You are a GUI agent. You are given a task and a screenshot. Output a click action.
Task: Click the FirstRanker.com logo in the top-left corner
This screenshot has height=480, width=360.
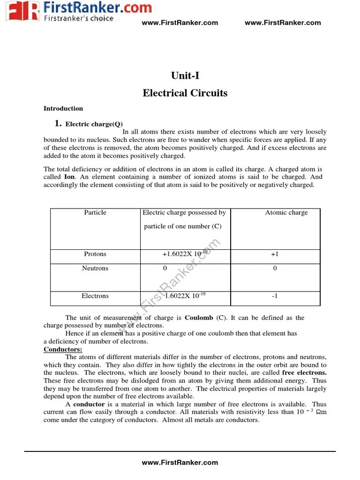click(x=77, y=11)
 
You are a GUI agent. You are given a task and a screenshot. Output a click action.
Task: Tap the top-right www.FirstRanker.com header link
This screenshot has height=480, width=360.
click(x=283, y=22)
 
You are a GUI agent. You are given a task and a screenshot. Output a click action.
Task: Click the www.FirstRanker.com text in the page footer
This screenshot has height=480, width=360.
click(x=180, y=463)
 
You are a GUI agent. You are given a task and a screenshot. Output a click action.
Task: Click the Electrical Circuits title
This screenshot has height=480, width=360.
click(x=185, y=93)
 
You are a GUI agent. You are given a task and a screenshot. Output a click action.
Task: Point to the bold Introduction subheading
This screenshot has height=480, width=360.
click(x=63, y=109)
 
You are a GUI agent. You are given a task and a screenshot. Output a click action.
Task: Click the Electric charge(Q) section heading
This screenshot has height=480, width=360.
click(x=94, y=124)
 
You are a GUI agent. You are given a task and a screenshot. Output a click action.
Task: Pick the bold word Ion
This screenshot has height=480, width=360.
click(x=69, y=177)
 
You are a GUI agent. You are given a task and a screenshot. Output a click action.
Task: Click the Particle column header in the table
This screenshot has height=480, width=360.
click(x=95, y=213)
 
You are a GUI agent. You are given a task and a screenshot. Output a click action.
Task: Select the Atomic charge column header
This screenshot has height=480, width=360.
click(x=286, y=213)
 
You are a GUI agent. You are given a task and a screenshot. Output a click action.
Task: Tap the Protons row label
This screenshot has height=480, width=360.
click(x=95, y=254)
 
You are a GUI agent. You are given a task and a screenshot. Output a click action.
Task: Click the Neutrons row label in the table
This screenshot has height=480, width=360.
click(x=95, y=269)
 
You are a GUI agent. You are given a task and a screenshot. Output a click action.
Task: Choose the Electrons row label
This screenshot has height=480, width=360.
click(x=95, y=296)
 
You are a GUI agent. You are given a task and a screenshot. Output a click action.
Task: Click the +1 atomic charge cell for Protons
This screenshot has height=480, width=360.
click(x=275, y=254)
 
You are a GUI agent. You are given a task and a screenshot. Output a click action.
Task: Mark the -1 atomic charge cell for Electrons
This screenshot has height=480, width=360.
click(x=275, y=296)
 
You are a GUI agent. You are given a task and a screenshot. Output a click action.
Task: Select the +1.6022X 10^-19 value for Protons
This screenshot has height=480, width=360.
click(x=184, y=254)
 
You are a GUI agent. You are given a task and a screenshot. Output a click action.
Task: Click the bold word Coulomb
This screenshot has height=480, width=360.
click(x=199, y=318)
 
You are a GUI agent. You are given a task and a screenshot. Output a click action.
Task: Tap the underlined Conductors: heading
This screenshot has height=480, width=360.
click(x=63, y=350)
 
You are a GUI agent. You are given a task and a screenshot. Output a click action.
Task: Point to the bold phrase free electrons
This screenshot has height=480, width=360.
click(x=305, y=373)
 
